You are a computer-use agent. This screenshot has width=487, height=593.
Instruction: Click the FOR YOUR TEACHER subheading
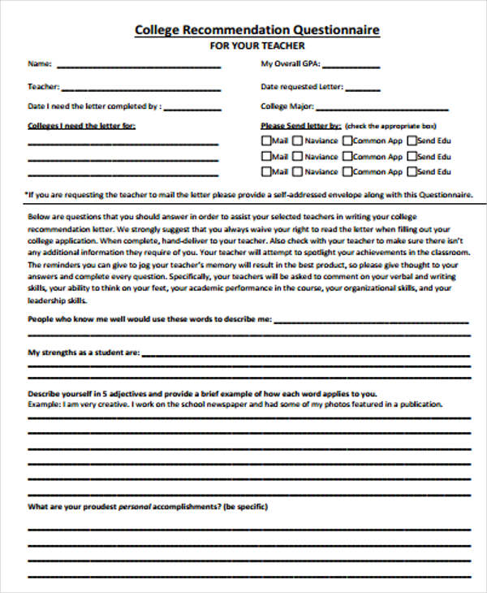257,46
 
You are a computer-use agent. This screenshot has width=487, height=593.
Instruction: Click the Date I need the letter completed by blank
192,108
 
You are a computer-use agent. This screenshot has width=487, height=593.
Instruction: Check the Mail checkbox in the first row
266,140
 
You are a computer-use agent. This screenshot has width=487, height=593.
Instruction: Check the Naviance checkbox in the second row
297,156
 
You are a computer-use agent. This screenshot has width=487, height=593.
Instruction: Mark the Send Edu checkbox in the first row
412,140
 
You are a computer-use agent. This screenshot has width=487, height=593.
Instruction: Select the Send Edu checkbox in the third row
412,172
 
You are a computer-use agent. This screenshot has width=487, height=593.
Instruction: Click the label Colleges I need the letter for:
81,126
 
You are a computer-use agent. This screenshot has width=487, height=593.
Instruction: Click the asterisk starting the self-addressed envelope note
27,195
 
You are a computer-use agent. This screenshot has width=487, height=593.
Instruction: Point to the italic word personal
135,507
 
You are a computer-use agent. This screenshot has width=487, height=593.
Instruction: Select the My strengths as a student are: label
84,353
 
